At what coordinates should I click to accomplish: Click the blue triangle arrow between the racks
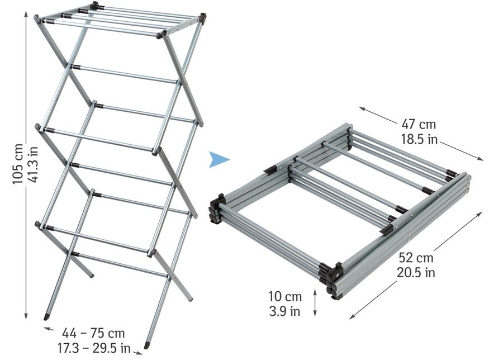click(x=219, y=159)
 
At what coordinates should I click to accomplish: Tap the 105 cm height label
click(x=18, y=164)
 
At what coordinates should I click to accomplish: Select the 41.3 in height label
click(x=33, y=164)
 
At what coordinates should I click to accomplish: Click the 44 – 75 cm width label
click(x=93, y=333)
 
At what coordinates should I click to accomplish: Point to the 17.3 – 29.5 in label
click(x=94, y=348)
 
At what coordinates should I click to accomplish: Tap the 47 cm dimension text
click(x=419, y=124)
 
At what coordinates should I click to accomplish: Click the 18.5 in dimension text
click(x=419, y=139)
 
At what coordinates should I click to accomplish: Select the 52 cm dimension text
click(x=416, y=257)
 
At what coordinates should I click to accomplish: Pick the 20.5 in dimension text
click(x=416, y=272)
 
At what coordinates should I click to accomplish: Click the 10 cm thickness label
click(x=285, y=296)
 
